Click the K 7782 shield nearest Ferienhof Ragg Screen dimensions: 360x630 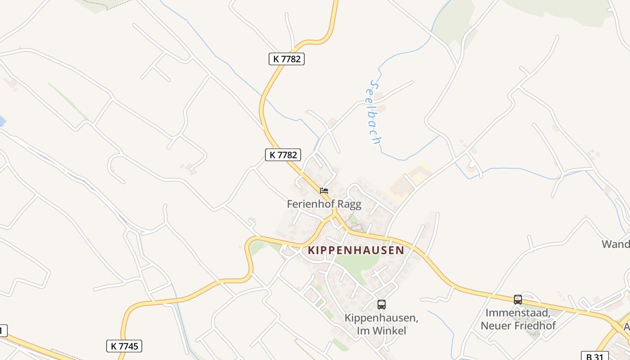(x=283, y=155)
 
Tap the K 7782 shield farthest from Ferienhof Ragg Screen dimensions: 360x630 (x=287, y=58)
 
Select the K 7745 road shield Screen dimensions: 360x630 (x=124, y=346)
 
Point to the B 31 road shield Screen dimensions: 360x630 (x=594, y=356)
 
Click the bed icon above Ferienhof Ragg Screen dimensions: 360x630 (x=324, y=191)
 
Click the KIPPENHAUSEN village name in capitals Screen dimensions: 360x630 (x=355, y=250)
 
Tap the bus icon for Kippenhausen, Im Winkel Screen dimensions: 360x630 (x=382, y=305)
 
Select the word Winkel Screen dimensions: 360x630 (x=389, y=331)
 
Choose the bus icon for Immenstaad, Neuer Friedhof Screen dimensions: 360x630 (x=518, y=299)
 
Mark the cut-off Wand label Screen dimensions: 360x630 (x=616, y=244)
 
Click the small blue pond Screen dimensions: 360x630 (x=2, y=121)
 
